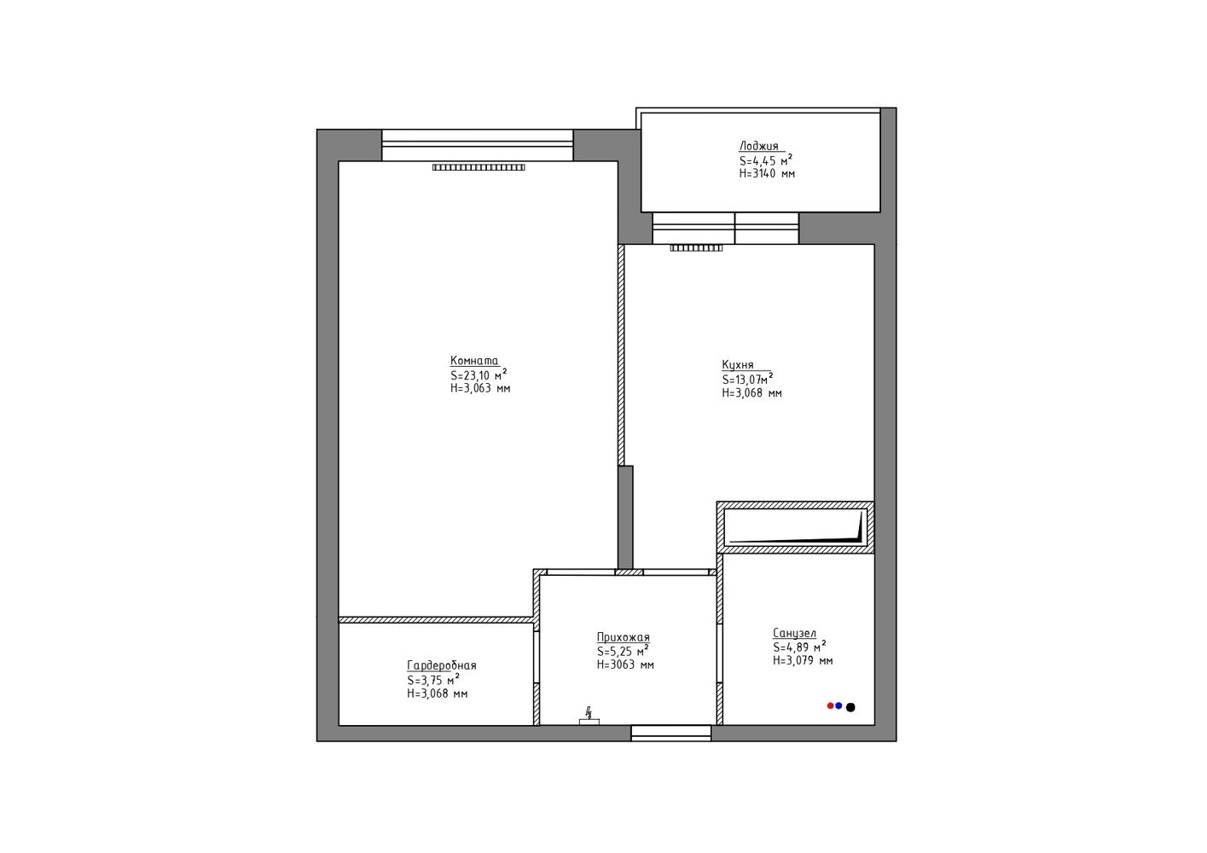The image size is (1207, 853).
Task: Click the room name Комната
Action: coord(474,361)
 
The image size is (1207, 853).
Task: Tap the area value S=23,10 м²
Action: coord(479,374)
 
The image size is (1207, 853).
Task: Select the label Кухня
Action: coord(738,365)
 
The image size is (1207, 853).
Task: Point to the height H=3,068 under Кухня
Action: coord(751,393)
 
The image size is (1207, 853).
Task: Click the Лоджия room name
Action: coord(758,146)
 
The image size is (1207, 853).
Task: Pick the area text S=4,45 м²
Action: coord(766,160)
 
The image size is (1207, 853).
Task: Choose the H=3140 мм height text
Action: coord(767,173)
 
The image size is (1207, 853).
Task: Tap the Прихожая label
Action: coord(623,637)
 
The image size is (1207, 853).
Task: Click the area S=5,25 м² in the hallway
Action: coord(623,651)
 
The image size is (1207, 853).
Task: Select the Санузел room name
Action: coord(794,633)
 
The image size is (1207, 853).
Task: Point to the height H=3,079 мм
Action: coord(803,660)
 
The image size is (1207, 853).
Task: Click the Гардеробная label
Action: coord(441,665)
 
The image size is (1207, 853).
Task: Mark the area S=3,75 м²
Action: coord(433,680)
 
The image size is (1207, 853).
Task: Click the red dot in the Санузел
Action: coord(830,705)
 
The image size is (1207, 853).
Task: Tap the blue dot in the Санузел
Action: coord(839,705)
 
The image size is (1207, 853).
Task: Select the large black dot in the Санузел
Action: coord(850,707)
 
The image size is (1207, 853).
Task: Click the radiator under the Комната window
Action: coord(479,167)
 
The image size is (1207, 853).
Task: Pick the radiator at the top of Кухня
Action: coord(696,248)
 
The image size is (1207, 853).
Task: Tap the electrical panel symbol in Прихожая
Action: coord(589,717)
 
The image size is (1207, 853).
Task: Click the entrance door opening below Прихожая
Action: coord(670,733)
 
